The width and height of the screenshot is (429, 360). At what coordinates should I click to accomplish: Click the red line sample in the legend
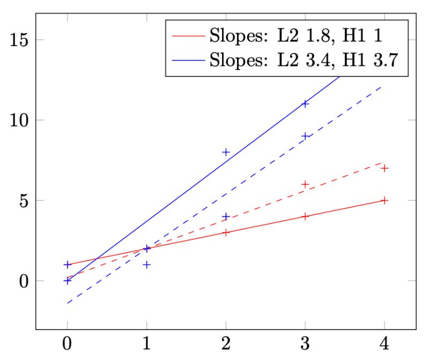click(188, 36)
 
